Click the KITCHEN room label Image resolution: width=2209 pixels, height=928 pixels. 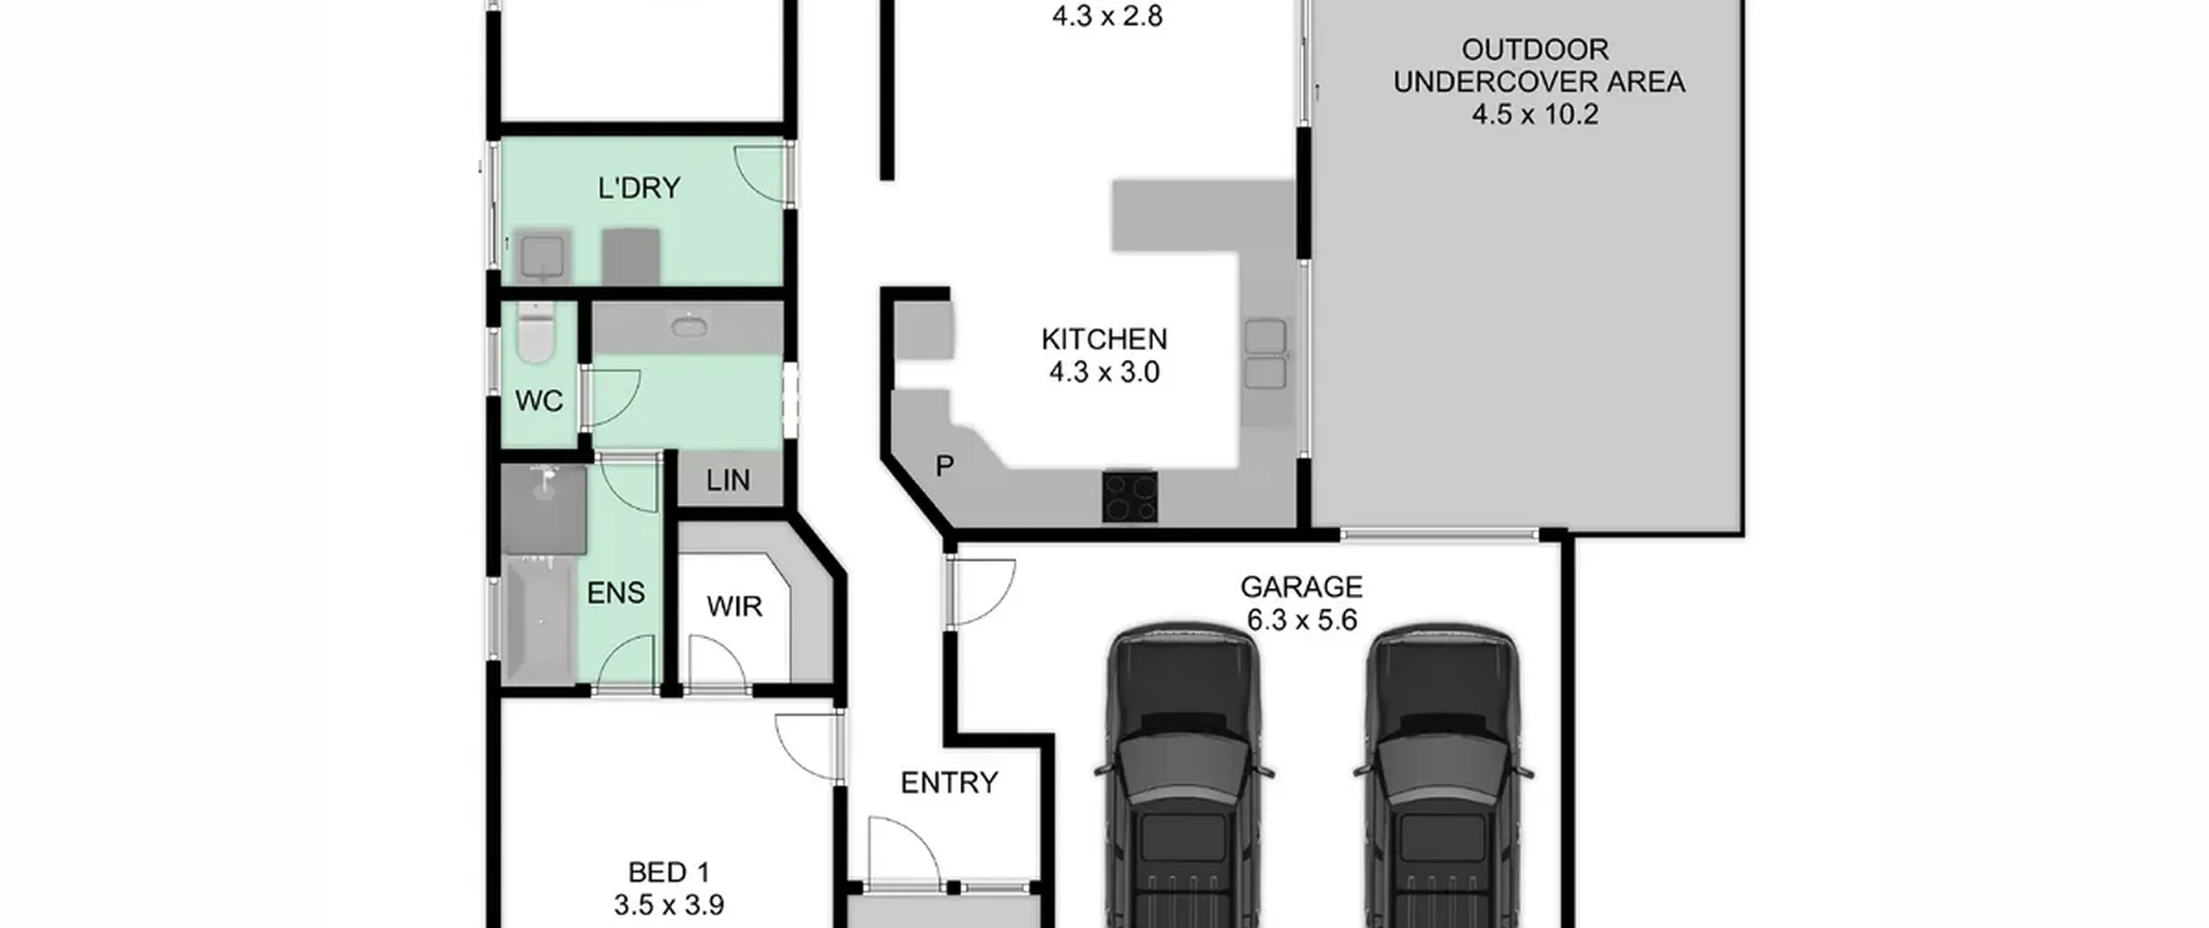pyautogui.click(x=1104, y=339)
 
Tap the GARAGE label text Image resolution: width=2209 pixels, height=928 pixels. pyautogui.click(x=1301, y=587)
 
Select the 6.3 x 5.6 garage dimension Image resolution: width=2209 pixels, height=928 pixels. pyautogui.click(x=1301, y=620)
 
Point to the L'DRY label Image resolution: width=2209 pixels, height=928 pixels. pyautogui.click(x=639, y=187)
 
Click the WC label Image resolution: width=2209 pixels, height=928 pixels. pyautogui.click(x=538, y=401)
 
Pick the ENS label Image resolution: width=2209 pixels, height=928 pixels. pyautogui.click(x=615, y=593)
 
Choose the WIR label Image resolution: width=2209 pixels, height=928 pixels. pyautogui.click(x=734, y=607)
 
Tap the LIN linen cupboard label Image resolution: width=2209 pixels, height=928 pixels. pyautogui.click(x=727, y=481)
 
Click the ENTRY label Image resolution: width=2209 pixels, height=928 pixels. pyautogui.click(x=949, y=783)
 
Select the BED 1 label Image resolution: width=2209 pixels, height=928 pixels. pyautogui.click(x=669, y=873)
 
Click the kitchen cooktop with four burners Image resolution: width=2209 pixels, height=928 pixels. pyautogui.click(x=1130, y=496)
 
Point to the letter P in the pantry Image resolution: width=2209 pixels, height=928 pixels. pyautogui.click(x=945, y=466)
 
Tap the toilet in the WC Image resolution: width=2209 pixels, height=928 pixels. pyautogui.click(x=535, y=332)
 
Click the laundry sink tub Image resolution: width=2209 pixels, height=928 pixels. pyautogui.click(x=543, y=256)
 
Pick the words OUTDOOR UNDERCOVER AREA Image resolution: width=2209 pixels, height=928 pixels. pyautogui.click(x=1539, y=66)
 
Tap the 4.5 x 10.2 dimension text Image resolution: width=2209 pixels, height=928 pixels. pyautogui.click(x=1535, y=114)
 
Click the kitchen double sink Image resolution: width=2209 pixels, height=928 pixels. pyautogui.click(x=1265, y=354)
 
